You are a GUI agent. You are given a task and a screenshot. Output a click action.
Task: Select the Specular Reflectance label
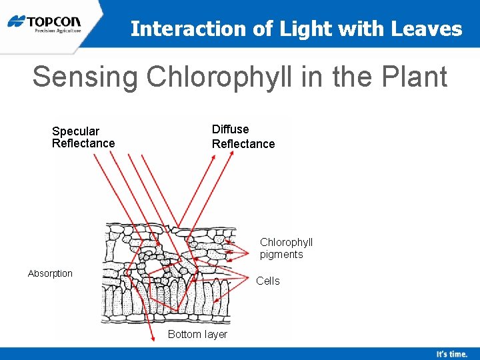click(x=83, y=137)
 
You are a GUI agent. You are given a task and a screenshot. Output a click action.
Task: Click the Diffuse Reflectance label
click(x=243, y=137)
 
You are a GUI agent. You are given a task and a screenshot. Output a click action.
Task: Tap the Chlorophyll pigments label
click(x=286, y=248)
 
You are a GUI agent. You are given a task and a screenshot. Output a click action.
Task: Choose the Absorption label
click(x=50, y=273)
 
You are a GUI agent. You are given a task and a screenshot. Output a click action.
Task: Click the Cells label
click(x=268, y=281)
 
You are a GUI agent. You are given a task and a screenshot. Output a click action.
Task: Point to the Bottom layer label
click(x=197, y=334)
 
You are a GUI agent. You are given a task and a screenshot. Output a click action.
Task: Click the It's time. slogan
click(x=451, y=354)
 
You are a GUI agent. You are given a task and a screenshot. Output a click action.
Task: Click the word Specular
click(x=75, y=131)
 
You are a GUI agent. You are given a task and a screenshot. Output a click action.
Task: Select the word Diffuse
click(x=230, y=129)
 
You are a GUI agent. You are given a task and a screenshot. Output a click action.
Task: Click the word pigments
click(x=281, y=254)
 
